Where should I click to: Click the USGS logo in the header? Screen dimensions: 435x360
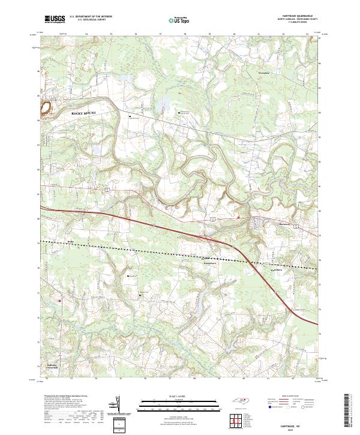55,19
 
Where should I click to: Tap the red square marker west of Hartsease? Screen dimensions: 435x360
238,217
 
